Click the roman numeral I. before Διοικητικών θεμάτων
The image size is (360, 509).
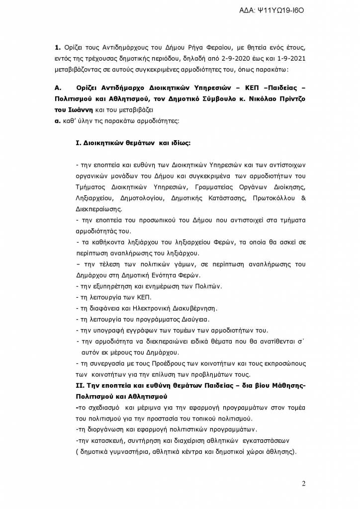pyautogui.click(x=78, y=144)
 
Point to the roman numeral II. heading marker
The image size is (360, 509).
pyautogui.click(x=59, y=387)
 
